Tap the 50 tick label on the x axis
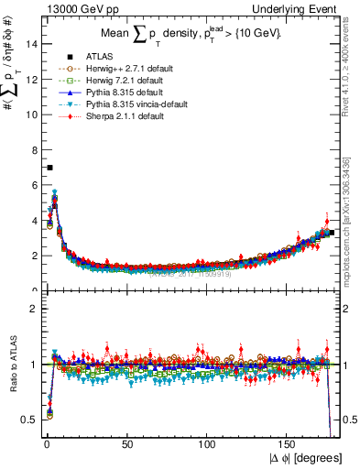point(126,444)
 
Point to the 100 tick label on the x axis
point(209,444)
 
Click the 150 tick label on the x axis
point(290,444)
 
